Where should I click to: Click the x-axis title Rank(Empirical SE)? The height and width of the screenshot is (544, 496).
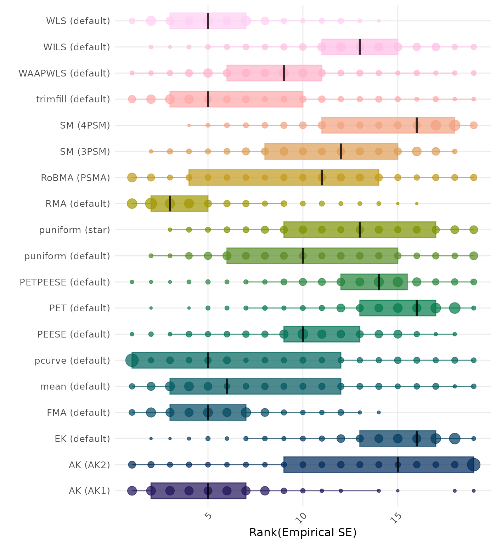click(303, 532)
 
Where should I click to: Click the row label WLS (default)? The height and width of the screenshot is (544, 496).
click(78, 21)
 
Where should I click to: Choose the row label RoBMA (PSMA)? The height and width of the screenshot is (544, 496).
click(75, 177)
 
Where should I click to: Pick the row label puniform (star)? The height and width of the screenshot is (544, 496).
click(74, 230)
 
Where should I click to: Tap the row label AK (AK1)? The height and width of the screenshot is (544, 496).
click(89, 491)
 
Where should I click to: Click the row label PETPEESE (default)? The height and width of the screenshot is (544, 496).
click(65, 282)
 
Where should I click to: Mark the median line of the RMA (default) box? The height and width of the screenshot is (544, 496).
click(170, 204)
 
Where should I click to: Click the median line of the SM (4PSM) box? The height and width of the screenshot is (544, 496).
click(417, 125)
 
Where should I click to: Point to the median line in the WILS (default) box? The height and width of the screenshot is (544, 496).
click(360, 47)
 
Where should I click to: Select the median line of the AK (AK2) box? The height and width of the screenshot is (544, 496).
click(398, 465)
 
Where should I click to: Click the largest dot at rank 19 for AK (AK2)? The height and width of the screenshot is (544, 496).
click(474, 465)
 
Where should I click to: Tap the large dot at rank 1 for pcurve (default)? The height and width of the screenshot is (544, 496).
click(132, 361)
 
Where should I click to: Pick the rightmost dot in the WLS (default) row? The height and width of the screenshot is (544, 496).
click(379, 21)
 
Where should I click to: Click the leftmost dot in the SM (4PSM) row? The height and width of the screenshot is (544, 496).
click(189, 125)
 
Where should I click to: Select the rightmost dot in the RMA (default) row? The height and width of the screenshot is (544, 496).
click(417, 204)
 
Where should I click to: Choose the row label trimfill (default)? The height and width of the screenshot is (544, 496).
click(73, 99)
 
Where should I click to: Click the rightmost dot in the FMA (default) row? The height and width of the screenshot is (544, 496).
click(379, 413)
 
